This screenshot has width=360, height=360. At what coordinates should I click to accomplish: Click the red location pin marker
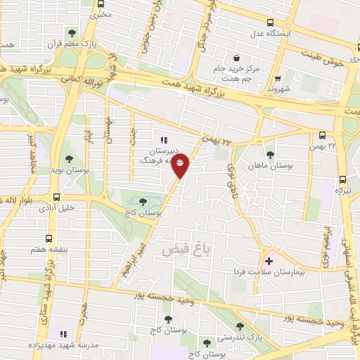[x=181, y=166]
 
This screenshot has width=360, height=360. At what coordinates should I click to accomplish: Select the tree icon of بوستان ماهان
[x=270, y=155]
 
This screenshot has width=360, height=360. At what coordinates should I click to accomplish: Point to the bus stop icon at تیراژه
[x=342, y=179]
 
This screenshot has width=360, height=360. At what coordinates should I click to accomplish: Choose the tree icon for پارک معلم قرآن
[x=72, y=33]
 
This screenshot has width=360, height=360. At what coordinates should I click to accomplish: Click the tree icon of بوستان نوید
[x=68, y=158]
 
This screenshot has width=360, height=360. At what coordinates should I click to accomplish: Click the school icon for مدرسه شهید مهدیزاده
[x=63, y=334]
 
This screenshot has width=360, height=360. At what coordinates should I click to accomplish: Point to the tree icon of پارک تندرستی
[x=240, y=326]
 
